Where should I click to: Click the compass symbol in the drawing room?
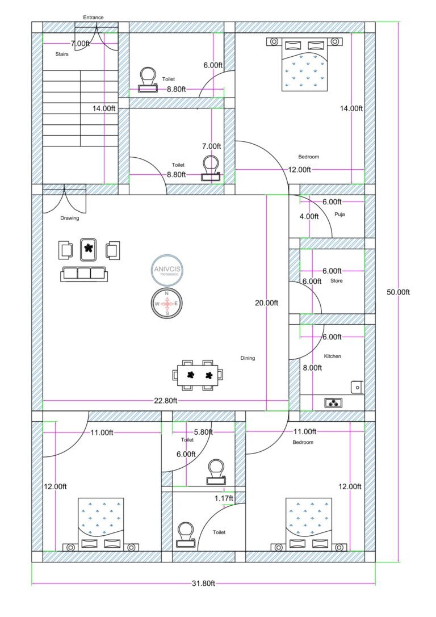(167, 304)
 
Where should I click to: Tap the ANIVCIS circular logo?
(166, 270)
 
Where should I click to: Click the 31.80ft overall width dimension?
(203, 584)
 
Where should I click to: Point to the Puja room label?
(340, 215)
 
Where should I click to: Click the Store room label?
(336, 280)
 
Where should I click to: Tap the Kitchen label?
(332, 356)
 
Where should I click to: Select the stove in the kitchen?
(333, 402)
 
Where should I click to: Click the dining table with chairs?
(198, 375)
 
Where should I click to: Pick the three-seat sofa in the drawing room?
(83, 274)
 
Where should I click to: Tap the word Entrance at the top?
(93, 18)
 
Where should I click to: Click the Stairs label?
(62, 54)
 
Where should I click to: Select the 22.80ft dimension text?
(166, 401)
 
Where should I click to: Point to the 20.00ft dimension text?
(266, 303)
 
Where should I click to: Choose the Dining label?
(248, 358)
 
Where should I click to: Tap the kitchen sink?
(357, 387)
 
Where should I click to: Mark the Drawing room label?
(69, 218)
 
